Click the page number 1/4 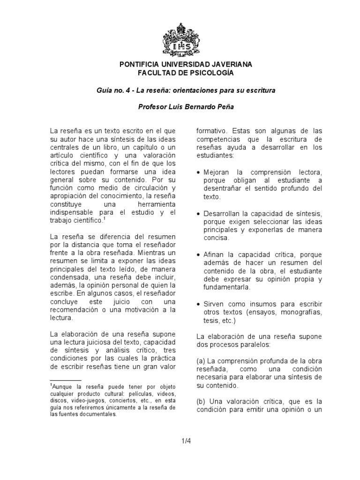click(180, 440)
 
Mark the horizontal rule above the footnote click(66, 380)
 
